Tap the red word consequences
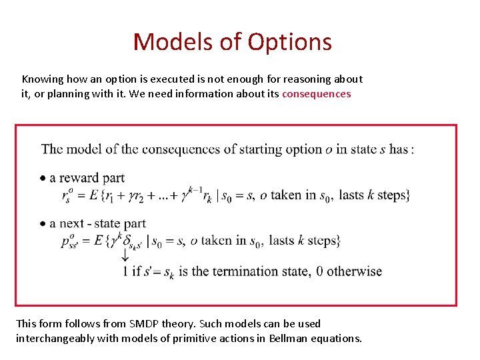(x=316, y=94)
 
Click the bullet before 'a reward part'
(x=43, y=178)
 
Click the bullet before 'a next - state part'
(x=43, y=224)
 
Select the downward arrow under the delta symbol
(x=125, y=256)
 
